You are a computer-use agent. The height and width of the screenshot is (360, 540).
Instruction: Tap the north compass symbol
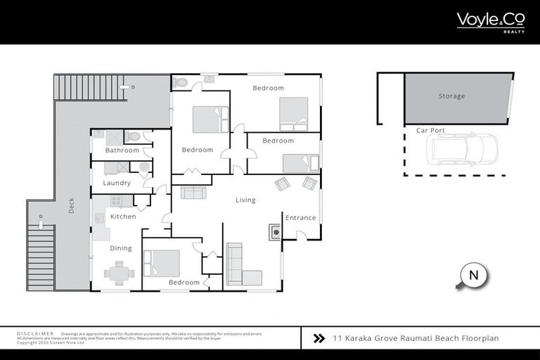pyautogui.click(x=472, y=276)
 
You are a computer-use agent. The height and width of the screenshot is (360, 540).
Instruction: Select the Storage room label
pyautogui.click(x=451, y=96)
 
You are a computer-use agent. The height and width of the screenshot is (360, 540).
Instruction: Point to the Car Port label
pyautogui.click(x=430, y=130)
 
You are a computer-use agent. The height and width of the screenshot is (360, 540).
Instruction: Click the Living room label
pyautogui.click(x=245, y=200)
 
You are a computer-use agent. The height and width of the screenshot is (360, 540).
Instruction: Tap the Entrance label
pyautogui.click(x=300, y=217)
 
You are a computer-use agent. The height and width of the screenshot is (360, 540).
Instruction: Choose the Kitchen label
pyautogui.click(x=123, y=217)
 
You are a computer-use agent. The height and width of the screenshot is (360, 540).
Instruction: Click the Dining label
pyautogui.click(x=120, y=248)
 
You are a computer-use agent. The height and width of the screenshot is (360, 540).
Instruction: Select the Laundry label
pyautogui.click(x=117, y=183)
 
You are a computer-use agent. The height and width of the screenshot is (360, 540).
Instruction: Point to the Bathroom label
pyautogui.click(x=122, y=150)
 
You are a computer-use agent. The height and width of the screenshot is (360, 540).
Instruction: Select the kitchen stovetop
pyautogui.click(x=117, y=200)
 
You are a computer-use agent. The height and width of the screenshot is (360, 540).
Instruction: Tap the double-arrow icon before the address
pyautogui.click(x=319, y=338)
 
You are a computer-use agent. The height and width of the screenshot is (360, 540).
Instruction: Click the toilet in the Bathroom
pyautogui.click(x=133, y=136)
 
